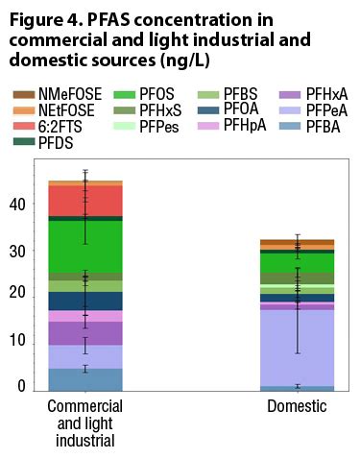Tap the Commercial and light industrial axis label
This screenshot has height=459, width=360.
85,424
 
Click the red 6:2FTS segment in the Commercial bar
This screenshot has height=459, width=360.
85,200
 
